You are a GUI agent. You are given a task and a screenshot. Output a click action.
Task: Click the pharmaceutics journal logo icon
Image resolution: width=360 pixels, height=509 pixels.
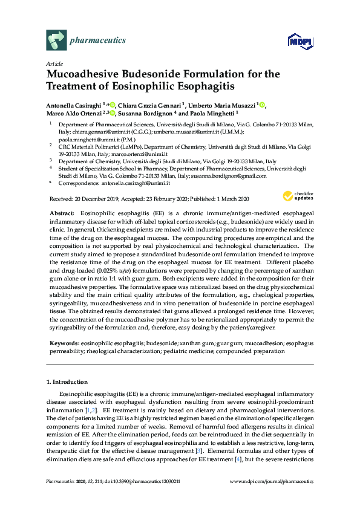(56, 41)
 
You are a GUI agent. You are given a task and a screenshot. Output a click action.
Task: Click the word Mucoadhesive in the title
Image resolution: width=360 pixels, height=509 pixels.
(88, 74)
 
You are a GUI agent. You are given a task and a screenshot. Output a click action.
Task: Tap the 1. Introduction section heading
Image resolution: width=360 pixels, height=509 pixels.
(67, 382)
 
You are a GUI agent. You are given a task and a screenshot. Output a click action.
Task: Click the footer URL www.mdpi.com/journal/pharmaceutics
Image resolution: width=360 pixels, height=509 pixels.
(272, 498)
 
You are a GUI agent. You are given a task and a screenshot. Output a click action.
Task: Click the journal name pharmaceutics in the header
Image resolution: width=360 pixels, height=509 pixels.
(98, 41)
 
